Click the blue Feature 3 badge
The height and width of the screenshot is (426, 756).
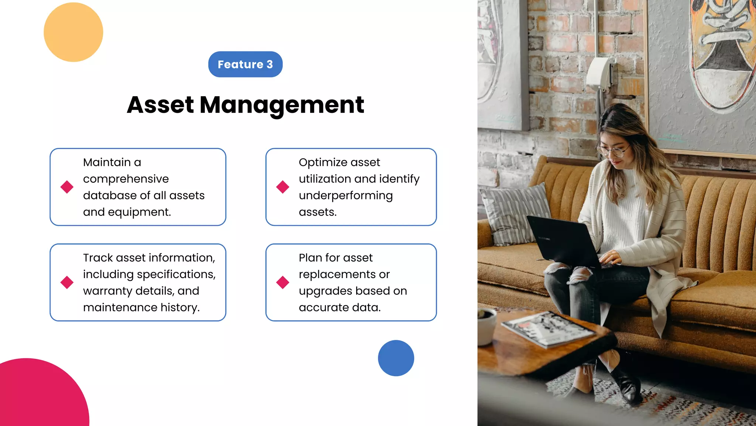tap(245, 64)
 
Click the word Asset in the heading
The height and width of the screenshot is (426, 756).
tap(160, 105)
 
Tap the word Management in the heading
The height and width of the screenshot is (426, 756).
tap(282, 105)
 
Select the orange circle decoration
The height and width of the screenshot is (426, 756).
tap(73, 32)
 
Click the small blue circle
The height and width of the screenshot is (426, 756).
tap(396, 358)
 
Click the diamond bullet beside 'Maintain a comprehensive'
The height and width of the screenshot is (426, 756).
tap(67, 187)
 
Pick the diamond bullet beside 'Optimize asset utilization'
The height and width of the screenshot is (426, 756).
tap(283, 187)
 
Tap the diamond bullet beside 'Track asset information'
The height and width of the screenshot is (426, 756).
tap(67, 282)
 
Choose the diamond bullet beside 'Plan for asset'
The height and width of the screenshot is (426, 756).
tap(283, 282)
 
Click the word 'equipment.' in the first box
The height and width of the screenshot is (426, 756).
tap(139, 212)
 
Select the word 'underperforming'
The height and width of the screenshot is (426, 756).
tap(346, 196)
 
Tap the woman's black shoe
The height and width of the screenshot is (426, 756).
tap(628, 385)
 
